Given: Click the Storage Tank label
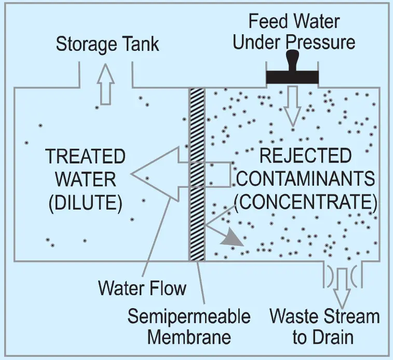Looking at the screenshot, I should coord(107,44).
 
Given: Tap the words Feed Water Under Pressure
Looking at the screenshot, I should coord(294,32).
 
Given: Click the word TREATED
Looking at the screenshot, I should coord(85,156).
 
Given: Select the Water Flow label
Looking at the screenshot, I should coord(142,287).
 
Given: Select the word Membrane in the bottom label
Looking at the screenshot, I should coord(189,338).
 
